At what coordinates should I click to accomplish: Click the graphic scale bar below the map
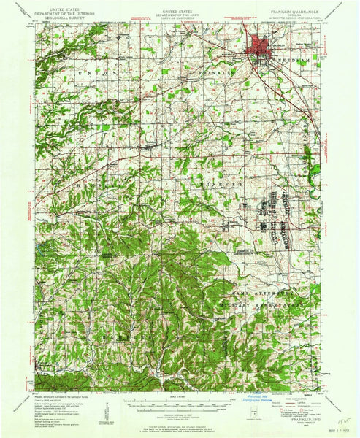[x=180, y=399]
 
